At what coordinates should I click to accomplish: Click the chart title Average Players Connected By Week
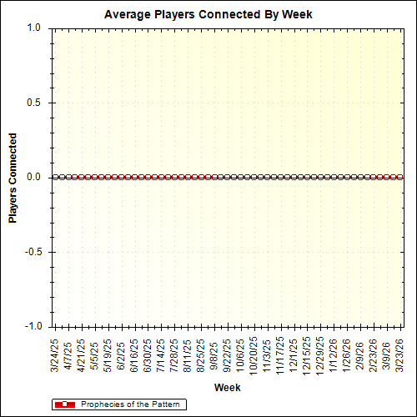coord(208,15)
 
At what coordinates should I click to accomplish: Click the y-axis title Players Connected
coord(13,178)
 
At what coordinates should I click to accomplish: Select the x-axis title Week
coord(228,388)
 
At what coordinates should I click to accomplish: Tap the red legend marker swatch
coord(64,404)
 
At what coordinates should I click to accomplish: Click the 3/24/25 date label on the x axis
coord(55,354)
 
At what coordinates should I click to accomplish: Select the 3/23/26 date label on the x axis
coord(400,354)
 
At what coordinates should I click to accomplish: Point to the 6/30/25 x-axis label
coord(148,354)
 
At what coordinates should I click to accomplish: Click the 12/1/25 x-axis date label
coord(294,354)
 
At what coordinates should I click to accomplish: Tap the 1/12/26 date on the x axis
coord(334,354)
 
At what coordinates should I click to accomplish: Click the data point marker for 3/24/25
coord(55,177)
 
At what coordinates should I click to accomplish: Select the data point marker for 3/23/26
coord(400,177)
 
